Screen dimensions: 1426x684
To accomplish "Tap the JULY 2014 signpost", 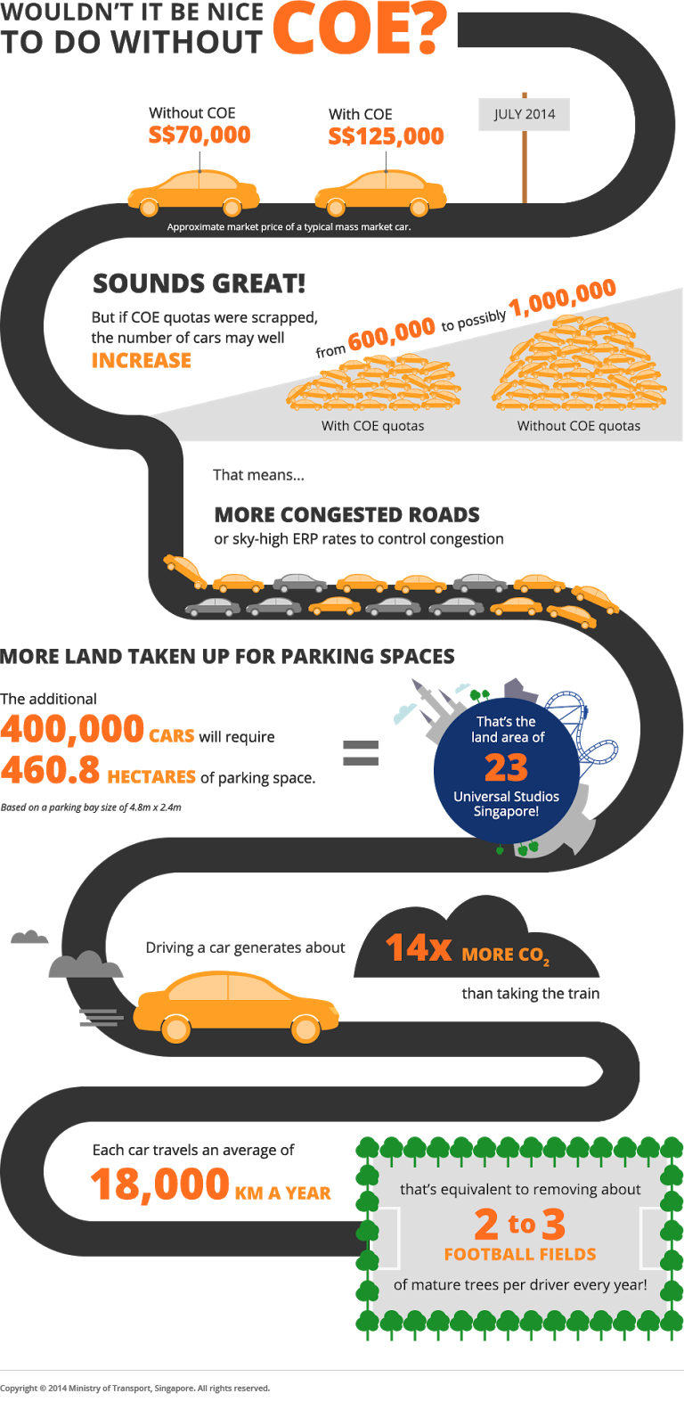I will pos(524,114).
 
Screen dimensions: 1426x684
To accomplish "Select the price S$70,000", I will pos(199,135).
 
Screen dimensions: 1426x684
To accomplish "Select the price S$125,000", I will pos(386,136).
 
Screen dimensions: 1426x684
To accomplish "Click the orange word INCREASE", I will pos(141,360).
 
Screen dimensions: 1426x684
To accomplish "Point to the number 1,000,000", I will pos(563,298).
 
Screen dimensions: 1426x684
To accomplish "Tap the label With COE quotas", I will pos(372,426).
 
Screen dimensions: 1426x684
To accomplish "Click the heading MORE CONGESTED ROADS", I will pos(346,514).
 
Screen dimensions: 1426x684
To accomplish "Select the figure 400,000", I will pos(72,729).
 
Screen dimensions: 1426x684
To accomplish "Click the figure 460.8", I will pos(51,770).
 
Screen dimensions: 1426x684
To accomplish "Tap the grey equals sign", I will pos(361,753).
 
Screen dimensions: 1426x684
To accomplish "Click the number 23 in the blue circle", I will pos(506,767).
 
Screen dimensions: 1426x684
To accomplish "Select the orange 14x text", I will pos(418,947).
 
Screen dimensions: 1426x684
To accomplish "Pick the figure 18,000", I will pos(160,1184).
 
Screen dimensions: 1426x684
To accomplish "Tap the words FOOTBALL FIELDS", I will pos(520,1254).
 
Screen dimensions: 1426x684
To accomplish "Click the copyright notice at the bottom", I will pos(134,1388).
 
